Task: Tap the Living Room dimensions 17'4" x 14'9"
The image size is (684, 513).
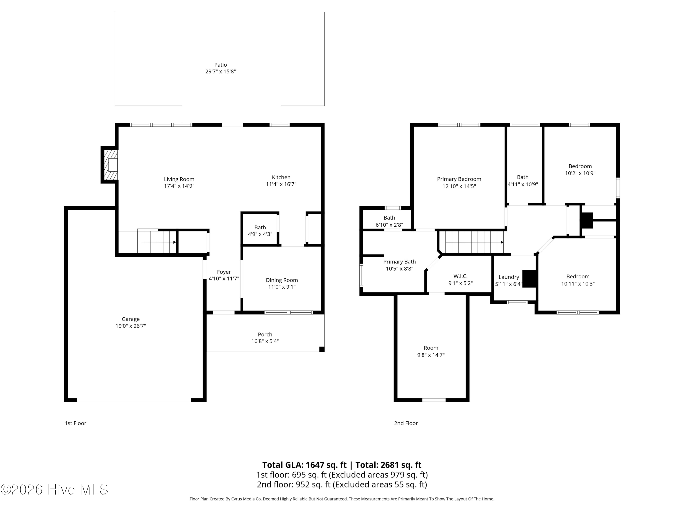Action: point(179,186)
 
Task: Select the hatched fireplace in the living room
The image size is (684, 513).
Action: point(110,165)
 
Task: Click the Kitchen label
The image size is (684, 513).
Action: point(281,177)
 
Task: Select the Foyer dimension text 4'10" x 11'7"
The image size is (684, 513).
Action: point(224,279)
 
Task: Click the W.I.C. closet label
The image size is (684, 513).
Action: point(460,276)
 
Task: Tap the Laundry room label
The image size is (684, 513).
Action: point(509,277)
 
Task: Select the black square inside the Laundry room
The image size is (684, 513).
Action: point(529,279)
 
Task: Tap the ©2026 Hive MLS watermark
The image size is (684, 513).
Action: point(54,490)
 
